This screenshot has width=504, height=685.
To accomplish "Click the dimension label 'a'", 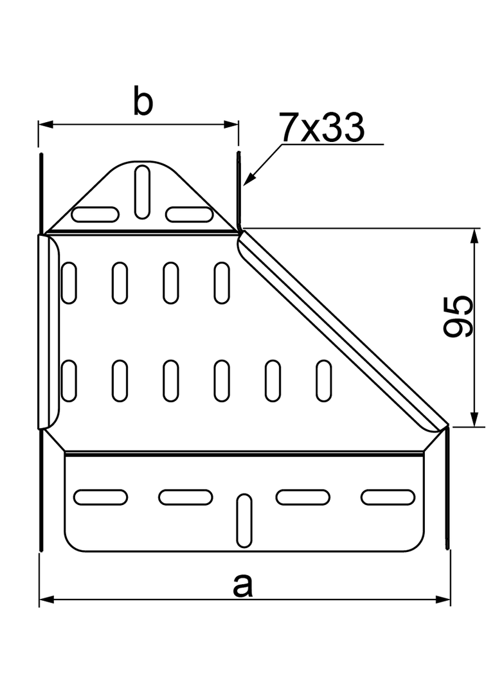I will (x=242, y=585).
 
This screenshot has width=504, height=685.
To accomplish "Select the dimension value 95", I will (x=459, y=316).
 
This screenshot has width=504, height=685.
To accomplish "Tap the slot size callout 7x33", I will (x=321, y=128).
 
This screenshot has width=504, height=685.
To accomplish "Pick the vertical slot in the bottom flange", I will (x=244, y=520).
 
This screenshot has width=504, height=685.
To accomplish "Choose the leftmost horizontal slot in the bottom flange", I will (x=101, y=496).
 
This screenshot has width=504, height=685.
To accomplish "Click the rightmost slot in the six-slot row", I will (x=325, y=382).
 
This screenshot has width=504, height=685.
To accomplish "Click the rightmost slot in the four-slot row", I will (x=222, y=283).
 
